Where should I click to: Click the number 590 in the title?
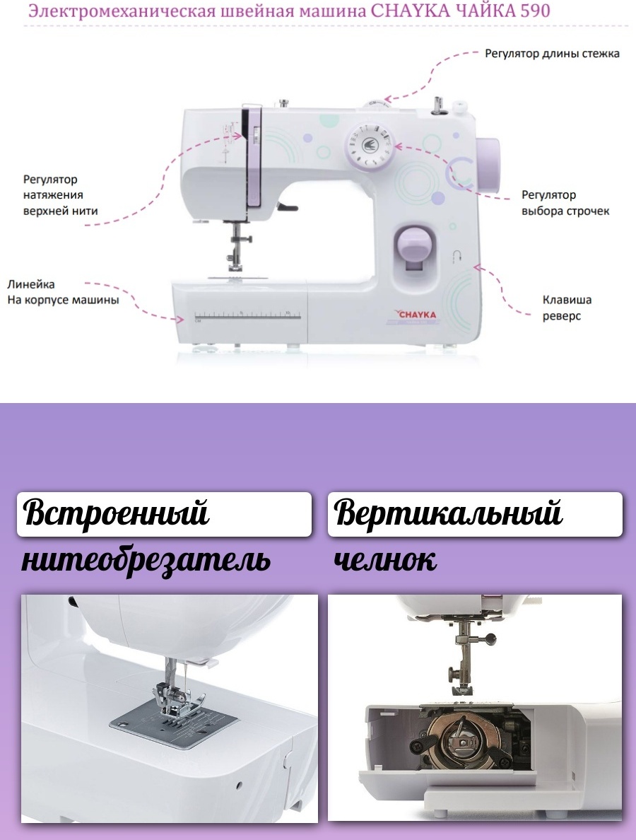(x=535, y=10)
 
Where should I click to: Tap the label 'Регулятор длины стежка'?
(x=552, y=54)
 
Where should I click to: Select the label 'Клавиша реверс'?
(x=567, y=308)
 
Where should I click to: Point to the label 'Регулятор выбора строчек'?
(x=565, y=202)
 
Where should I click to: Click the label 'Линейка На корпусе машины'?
(x=63, y=292)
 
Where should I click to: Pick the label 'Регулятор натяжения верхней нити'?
(x=61, y=195)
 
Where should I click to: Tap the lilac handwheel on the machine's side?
(x=488, y=165)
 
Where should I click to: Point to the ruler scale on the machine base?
(x=247, y=315)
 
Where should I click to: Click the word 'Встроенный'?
(x=116, y=513)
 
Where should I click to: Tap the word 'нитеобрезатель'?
(x=146, y=560)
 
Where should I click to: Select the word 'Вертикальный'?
(x=448, y=513)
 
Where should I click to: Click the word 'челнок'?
(x=385, y=561)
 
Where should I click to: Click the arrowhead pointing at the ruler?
(x=181, y=320)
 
